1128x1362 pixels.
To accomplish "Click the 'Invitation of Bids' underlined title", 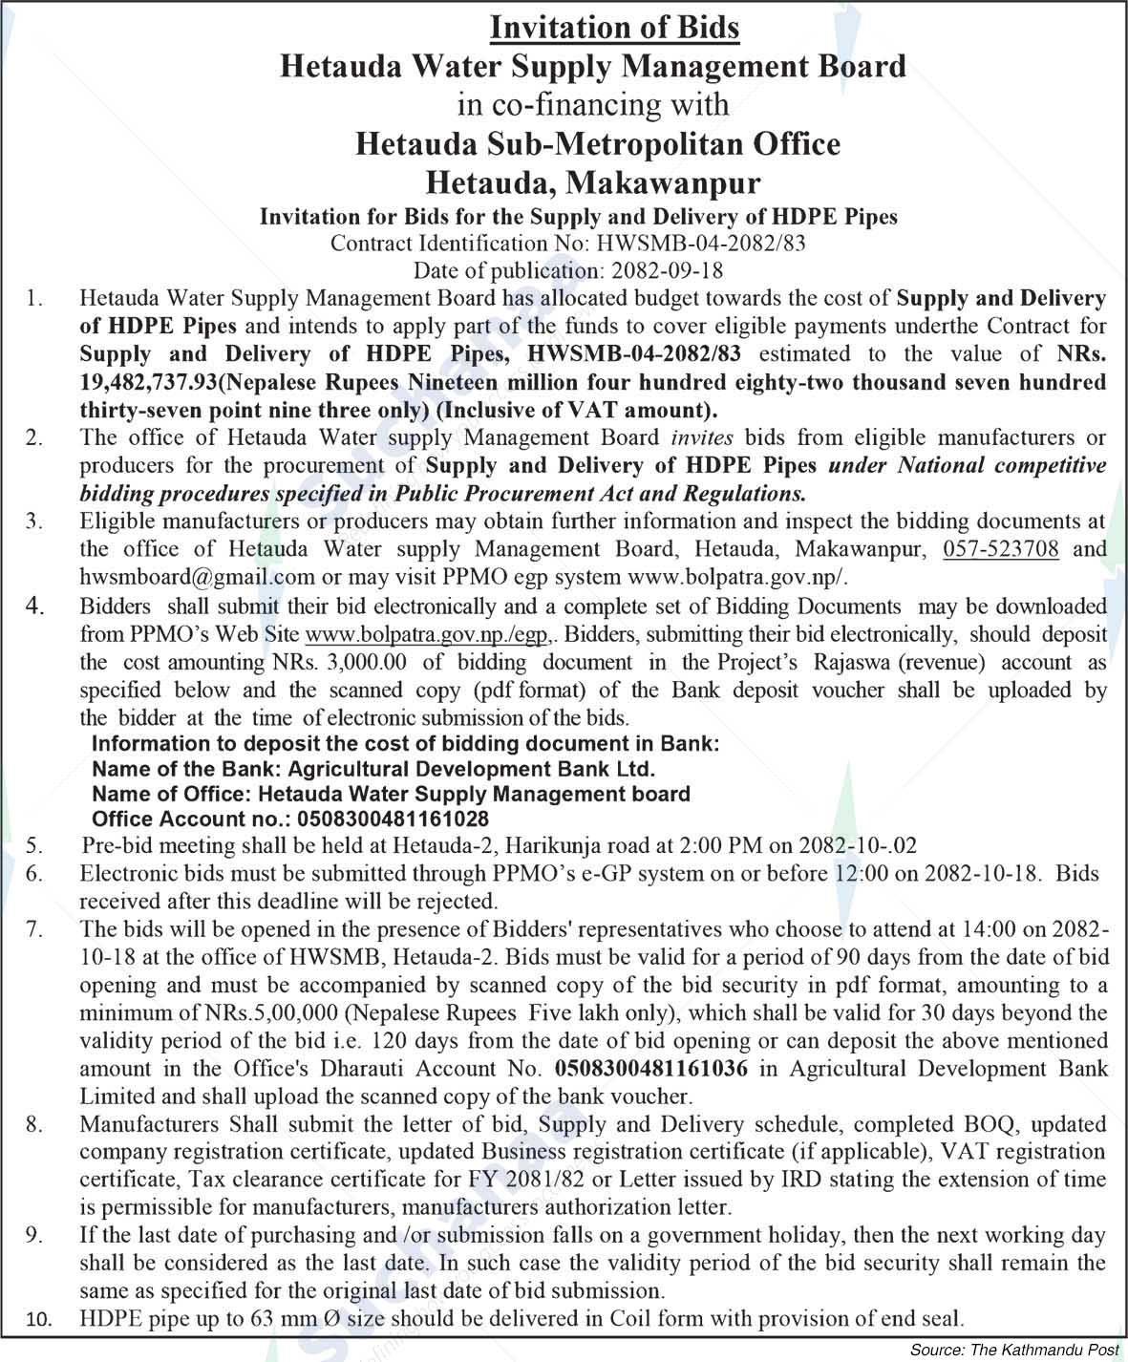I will (x=614, y=27).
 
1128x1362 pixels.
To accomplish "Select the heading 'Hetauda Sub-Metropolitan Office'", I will (x=598, y=144).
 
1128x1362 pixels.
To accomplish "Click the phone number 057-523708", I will (x=1000, y=549).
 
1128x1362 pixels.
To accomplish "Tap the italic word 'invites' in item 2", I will (x=701, y=437).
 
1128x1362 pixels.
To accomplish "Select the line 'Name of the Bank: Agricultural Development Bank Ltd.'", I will (x=373, y=769).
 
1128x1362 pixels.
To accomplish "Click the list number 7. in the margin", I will (x=34, y=928).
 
